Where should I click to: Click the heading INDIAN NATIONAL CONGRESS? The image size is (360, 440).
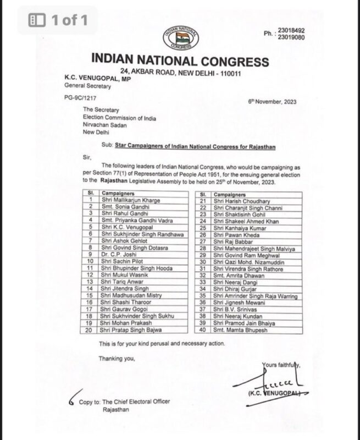[x=180, y=61]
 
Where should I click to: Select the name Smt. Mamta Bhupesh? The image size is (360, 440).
[x=239, y=330]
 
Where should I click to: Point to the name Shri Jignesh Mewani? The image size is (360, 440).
[x=238, y=302]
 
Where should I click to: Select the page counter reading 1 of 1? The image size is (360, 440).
[x=69, y=21]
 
